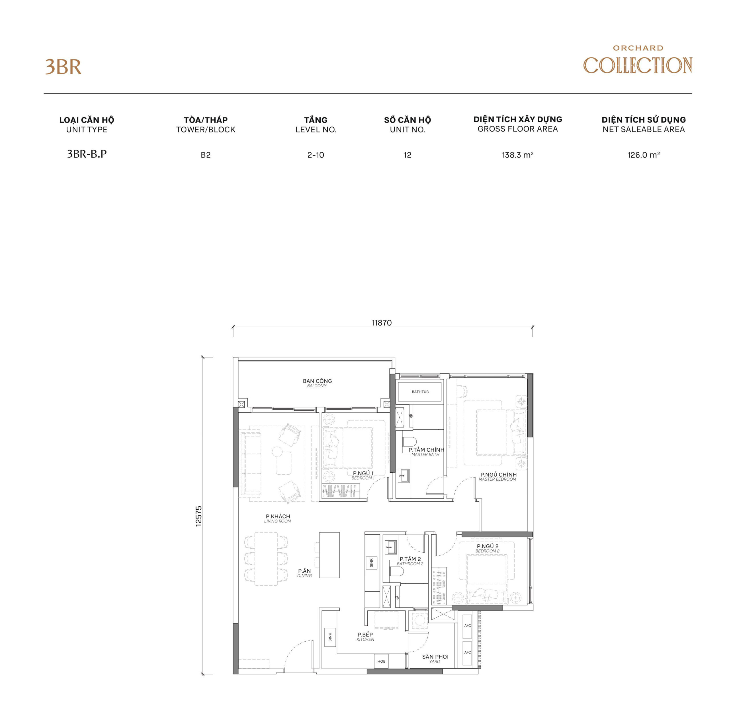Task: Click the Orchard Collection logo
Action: click(x=637, y=61)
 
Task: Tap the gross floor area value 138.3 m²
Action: click(x=517, y=155)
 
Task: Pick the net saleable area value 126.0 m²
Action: click(x=643, y=155)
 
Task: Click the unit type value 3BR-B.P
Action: click(x=87, y=154)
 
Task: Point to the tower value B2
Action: click(x=206, y=155)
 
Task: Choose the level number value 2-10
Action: click(x=316, y=155)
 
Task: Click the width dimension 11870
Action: click(x=382, y=323)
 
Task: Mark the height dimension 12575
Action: click(x=198, y=516)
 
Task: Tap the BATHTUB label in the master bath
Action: click(x=420, y=392)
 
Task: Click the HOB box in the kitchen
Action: click(x=381, y=661)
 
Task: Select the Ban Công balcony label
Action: click(x=317, y=383)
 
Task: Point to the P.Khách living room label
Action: click(x=278, y=518)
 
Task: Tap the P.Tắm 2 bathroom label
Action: click(x=410, y=561)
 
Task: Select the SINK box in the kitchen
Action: click(x=330, y=637)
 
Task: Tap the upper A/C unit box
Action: click(x=467, y=625)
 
